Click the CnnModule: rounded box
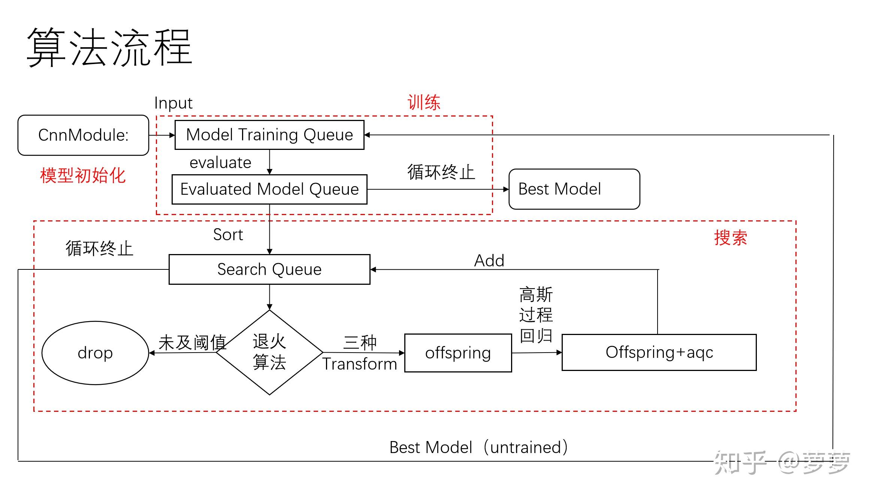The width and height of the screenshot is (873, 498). click(x=83, y=135)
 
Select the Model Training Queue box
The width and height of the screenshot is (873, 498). click(x=269, y=135)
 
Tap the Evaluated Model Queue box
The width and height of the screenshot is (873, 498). click(x=269, y=189)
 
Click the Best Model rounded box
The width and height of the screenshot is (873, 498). click(x=574, y=189)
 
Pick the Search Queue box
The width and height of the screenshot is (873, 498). click(x=269, y=269)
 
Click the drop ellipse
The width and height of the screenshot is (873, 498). click(x=95, y=353)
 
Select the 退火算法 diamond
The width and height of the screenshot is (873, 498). click(x=269, y=352)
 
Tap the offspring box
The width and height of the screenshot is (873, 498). click(x=458, y=353)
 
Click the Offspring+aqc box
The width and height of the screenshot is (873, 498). click(x=659, y=352)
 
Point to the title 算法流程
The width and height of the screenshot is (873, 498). click(x=109, y=48)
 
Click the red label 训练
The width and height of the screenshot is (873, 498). click(x=424, y=103)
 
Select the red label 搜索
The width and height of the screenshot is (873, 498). click(x=730, y=238)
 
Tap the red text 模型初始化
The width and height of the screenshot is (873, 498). click(x=83, y=176)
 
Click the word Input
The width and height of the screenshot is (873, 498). click(x=173, y=103)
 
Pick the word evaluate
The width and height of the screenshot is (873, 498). click(x=220, y=163)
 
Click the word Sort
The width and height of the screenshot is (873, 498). click(x=228, y=235)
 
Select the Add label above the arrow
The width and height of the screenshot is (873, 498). click(x=489, y=261)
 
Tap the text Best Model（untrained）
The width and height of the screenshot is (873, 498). click(x=478, y=447)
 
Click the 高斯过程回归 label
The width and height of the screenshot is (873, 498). click(x=536, y=315)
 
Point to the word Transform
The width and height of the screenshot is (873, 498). click(x=360, y=364)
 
